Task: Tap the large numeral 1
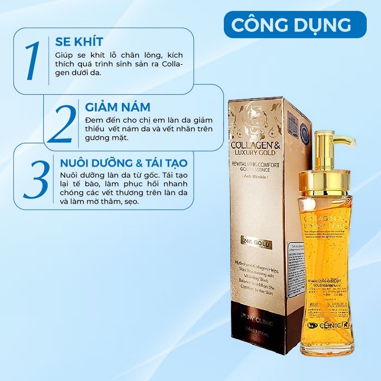32,60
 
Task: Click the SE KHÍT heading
78,41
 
